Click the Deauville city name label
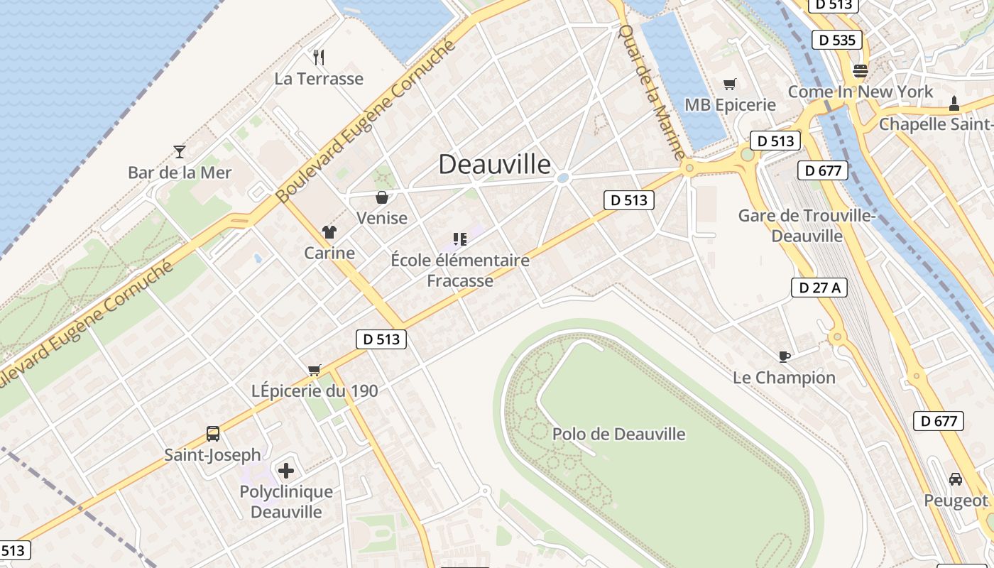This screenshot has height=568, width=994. (494, 165)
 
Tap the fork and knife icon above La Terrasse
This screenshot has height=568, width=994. (319, 58)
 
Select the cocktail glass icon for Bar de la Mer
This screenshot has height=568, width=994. (180, 151)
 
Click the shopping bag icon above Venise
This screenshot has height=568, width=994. (382, 197)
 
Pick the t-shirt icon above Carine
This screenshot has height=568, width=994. (329, 231)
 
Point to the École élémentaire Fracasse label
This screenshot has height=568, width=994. (460, 271)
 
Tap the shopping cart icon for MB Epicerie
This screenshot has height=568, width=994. (729, 84)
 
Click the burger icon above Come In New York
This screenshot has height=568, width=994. (861, 70)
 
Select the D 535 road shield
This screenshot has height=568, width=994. (837, 40)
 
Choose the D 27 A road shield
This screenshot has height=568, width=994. (819, 288)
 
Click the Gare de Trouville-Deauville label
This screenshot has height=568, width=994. (807, 226)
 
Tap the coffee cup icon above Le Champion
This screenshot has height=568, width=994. (784, 356)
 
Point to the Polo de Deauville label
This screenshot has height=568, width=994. (618, 434)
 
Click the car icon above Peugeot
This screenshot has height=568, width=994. (956, 479)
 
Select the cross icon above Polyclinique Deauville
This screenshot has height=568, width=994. (286, 471)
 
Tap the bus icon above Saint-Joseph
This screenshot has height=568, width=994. (212, 433)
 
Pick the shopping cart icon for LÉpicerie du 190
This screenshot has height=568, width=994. (315, 370)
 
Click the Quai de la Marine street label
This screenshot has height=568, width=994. (652, 92)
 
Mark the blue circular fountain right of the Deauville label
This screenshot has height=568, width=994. (564, 178)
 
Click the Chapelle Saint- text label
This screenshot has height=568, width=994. (936, 124)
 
